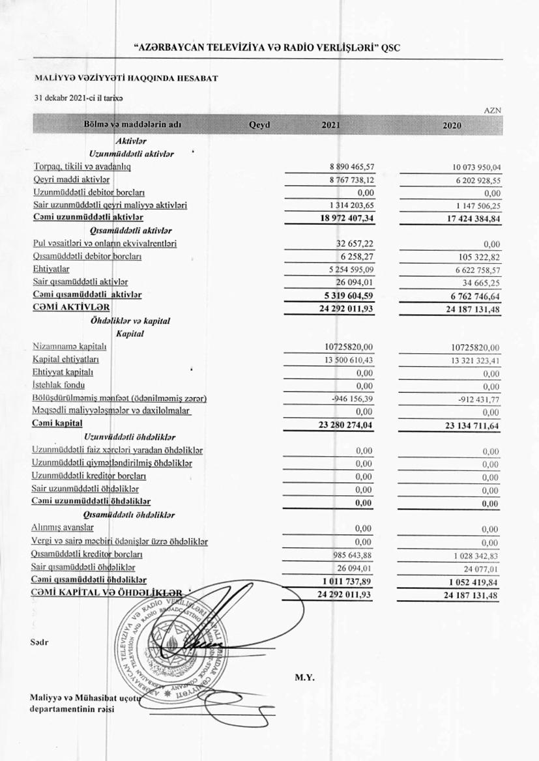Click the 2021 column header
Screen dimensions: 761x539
(x=330, y=125)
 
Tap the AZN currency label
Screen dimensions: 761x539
(x=492, y=111)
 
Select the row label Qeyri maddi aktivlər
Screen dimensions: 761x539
(x=71, y=179)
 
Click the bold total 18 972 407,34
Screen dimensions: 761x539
(x=342, y=218)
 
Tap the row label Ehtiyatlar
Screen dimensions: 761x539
(x=51, y=268)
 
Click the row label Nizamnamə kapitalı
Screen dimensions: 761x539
(x=69, y=347)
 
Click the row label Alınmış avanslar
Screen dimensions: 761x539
(x=63, y=528)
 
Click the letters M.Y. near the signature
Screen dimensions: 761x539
(x=305, y=678)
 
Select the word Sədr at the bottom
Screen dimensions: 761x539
(x=39, y=642)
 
